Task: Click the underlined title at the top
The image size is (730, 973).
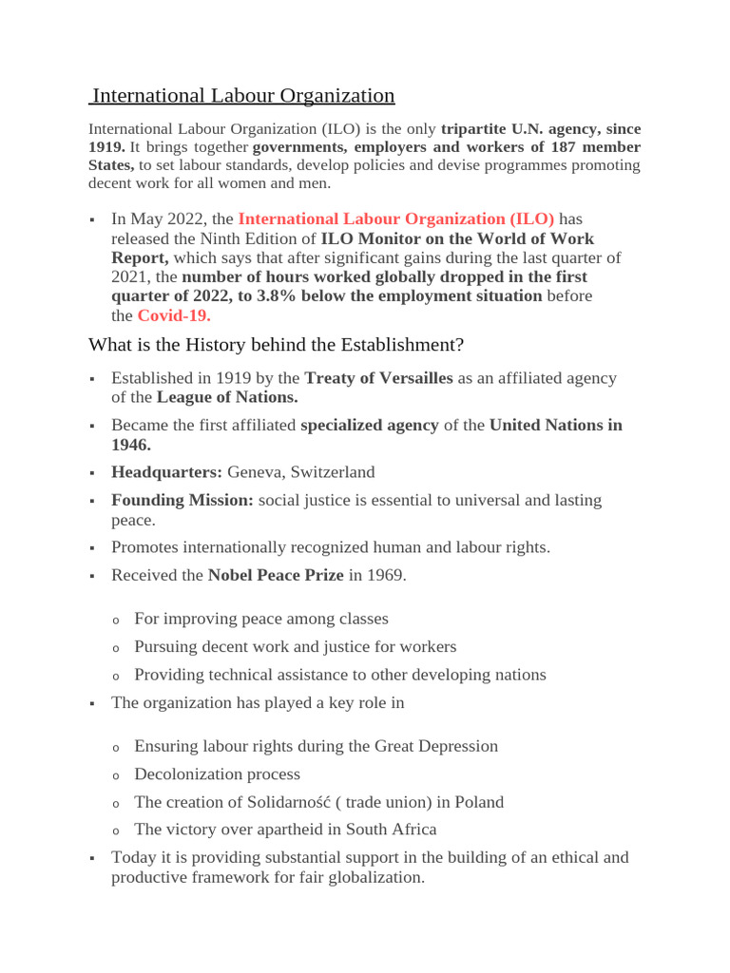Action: pos(242,96)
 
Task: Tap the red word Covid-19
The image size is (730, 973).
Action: pos(174,315)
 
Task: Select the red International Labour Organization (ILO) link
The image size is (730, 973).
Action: pos(395,219)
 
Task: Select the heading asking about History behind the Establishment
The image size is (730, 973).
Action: pos(276,344)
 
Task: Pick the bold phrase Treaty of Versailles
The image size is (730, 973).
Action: pos(378,378)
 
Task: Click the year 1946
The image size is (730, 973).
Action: pos(131,444)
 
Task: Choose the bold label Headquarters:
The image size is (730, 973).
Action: pos(166,472)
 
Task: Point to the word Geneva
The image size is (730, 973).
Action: pos(255,472)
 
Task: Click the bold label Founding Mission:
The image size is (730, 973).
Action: pos(182,500)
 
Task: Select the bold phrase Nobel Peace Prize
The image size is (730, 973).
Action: pos(276,575)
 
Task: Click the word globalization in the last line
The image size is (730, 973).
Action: pos(375,877)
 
